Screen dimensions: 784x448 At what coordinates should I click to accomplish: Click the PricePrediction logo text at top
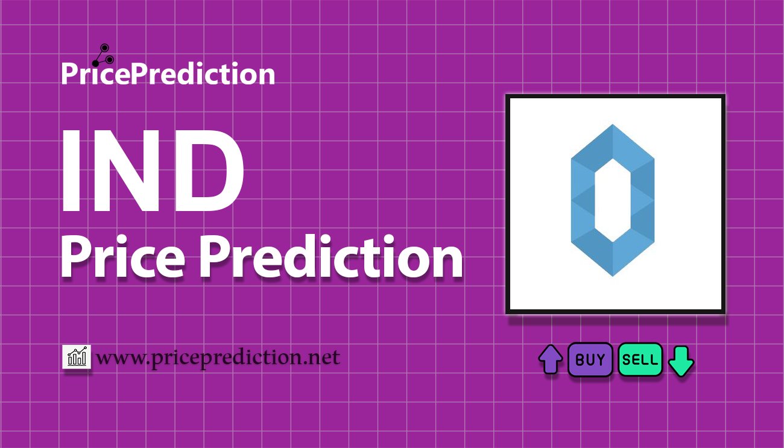click(168, 74)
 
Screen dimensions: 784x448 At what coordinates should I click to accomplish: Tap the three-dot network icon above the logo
click(103, 55)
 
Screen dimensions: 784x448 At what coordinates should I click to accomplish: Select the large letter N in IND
click(128, 171)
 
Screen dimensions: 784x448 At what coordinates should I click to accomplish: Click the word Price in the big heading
click(123, 256)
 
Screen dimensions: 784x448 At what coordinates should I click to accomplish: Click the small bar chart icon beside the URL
click(77, 357)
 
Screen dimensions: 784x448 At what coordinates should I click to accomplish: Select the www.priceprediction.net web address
click(218, 358)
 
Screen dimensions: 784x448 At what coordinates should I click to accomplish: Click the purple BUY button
click(590, 359)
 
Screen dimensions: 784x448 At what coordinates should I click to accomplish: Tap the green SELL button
click(640, 359)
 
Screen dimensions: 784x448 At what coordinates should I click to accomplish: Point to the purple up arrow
click(551, 359)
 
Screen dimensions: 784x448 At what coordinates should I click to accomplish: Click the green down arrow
click(681, 361)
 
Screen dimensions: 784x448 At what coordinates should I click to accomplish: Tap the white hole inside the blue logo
click(613, 200)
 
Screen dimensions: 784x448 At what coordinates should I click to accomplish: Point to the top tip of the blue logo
click(613, 125)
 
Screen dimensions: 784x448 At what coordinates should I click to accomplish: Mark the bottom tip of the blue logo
click(613, 276)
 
